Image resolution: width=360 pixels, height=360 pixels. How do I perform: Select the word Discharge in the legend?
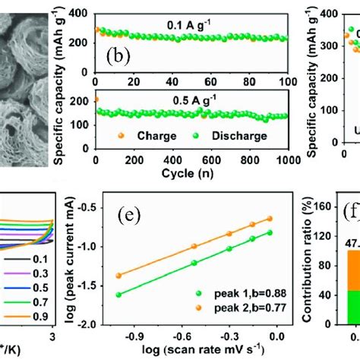pos(240,137)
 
